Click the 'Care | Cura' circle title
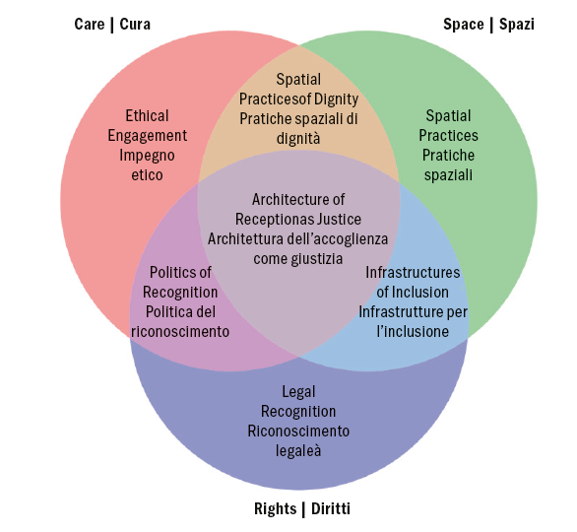coord(112,24)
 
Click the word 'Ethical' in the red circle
coord(148,115)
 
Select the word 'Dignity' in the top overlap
coord(336,99)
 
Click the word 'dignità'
coord(298,139)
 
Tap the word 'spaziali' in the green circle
coord(448,175)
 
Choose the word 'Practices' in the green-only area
coord(448,135)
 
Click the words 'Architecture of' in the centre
coord(298,199)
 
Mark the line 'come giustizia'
coord(298,259)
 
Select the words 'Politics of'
coord(180,272)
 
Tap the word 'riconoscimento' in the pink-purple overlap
coord(180,332)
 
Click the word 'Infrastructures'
coord(413,272)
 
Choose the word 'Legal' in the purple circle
coord(298,391)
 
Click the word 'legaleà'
coord(298,451)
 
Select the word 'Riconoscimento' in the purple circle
coord(298,432)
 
